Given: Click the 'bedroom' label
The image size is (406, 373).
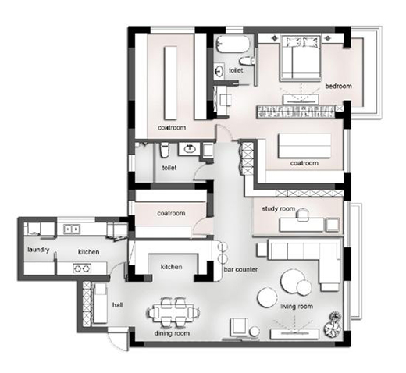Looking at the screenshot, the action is pos(338,86).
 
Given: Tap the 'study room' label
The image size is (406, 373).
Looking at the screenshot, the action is pos(279,208).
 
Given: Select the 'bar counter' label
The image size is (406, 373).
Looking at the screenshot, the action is pos(240,269).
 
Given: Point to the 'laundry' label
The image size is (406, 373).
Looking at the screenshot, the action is pos(38,250).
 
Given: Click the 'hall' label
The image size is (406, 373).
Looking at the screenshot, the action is pos(118,304).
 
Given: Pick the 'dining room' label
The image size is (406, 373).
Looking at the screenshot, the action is pos(172,333).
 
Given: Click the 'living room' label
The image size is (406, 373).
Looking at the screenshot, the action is pos(297,307).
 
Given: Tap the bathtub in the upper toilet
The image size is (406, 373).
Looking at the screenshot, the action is pos(233,44).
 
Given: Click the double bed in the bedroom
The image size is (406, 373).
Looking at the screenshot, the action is pos(300,59).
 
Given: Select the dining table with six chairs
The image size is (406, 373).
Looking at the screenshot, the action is pos(173,312).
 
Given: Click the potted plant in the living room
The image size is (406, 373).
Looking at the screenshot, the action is pos(333,325).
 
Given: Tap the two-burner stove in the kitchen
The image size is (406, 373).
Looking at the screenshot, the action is pos(82,268).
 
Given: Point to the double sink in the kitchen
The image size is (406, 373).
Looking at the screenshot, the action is pos(72,229).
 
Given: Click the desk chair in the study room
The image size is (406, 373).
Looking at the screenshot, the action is pos(302,215).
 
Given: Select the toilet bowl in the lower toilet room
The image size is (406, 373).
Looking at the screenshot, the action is pos(165,150).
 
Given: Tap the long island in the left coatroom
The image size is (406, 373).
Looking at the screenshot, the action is pos(171,83).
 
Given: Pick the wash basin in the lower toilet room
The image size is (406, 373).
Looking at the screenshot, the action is pos(190,149).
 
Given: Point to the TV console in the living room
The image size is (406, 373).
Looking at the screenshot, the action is pos(294,334).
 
